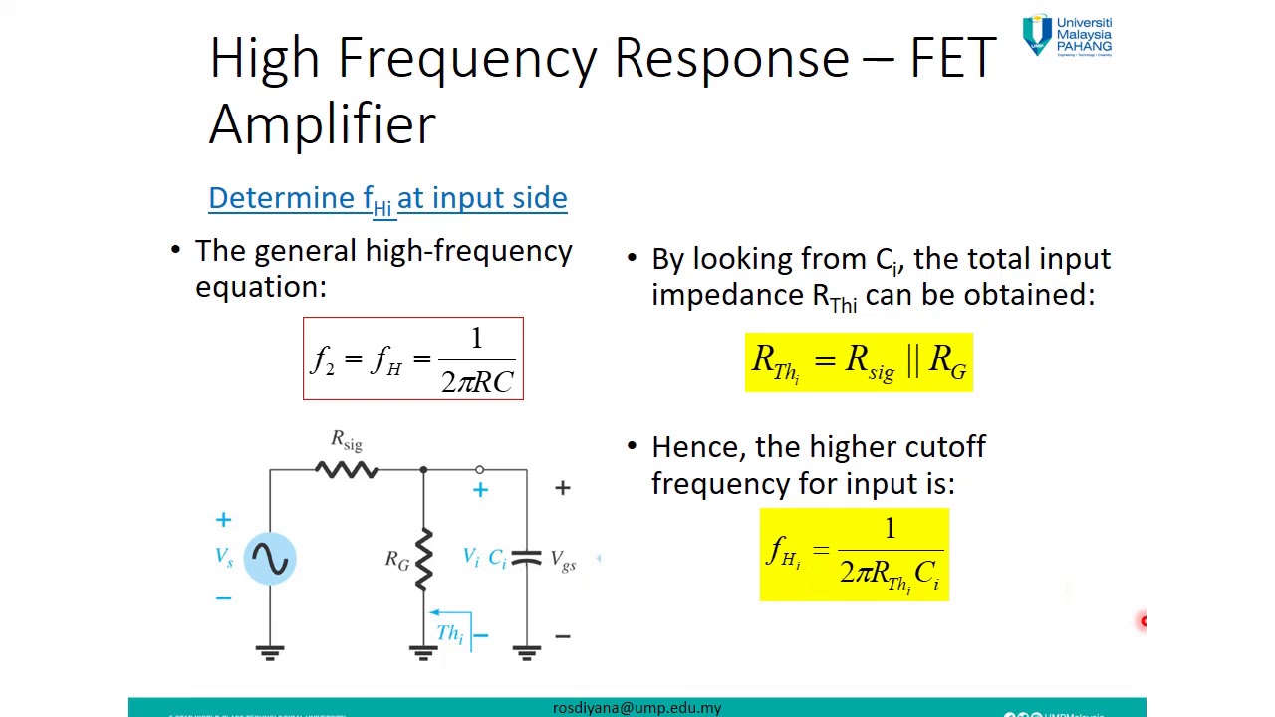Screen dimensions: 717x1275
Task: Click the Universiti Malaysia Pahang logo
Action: (x=1067, y=35)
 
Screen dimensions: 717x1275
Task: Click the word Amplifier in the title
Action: (x=322, y=124)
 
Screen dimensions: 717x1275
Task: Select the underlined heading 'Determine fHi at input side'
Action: (x=387, y=198)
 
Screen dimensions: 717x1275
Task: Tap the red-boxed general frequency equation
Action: (x=413, y=358)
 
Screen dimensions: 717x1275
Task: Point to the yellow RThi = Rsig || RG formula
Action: (x=859, y=362)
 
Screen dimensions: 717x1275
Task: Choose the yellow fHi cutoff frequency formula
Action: (x=854, y=555)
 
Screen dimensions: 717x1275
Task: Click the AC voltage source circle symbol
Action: (x=270, y=558)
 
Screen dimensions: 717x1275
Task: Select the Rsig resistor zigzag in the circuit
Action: (x=347, y=469)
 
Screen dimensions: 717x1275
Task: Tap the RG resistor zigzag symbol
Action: (x=424, y=558)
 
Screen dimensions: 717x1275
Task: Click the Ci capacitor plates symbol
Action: (x=526, y=559)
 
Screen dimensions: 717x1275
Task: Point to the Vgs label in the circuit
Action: (x=563, y=561)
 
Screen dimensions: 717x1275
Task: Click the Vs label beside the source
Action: (x=224, y=557)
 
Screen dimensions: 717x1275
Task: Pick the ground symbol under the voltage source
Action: (x=270, y=652)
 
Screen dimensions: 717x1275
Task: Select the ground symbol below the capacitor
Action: (x=526, y=652)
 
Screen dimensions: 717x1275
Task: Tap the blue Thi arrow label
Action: (x=449, y=630)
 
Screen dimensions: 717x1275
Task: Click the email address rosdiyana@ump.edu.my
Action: (x=637, y=708)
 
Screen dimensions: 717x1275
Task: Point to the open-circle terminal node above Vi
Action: (x=480, y=469)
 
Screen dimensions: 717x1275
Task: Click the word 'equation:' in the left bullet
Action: (x=261, y=287)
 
